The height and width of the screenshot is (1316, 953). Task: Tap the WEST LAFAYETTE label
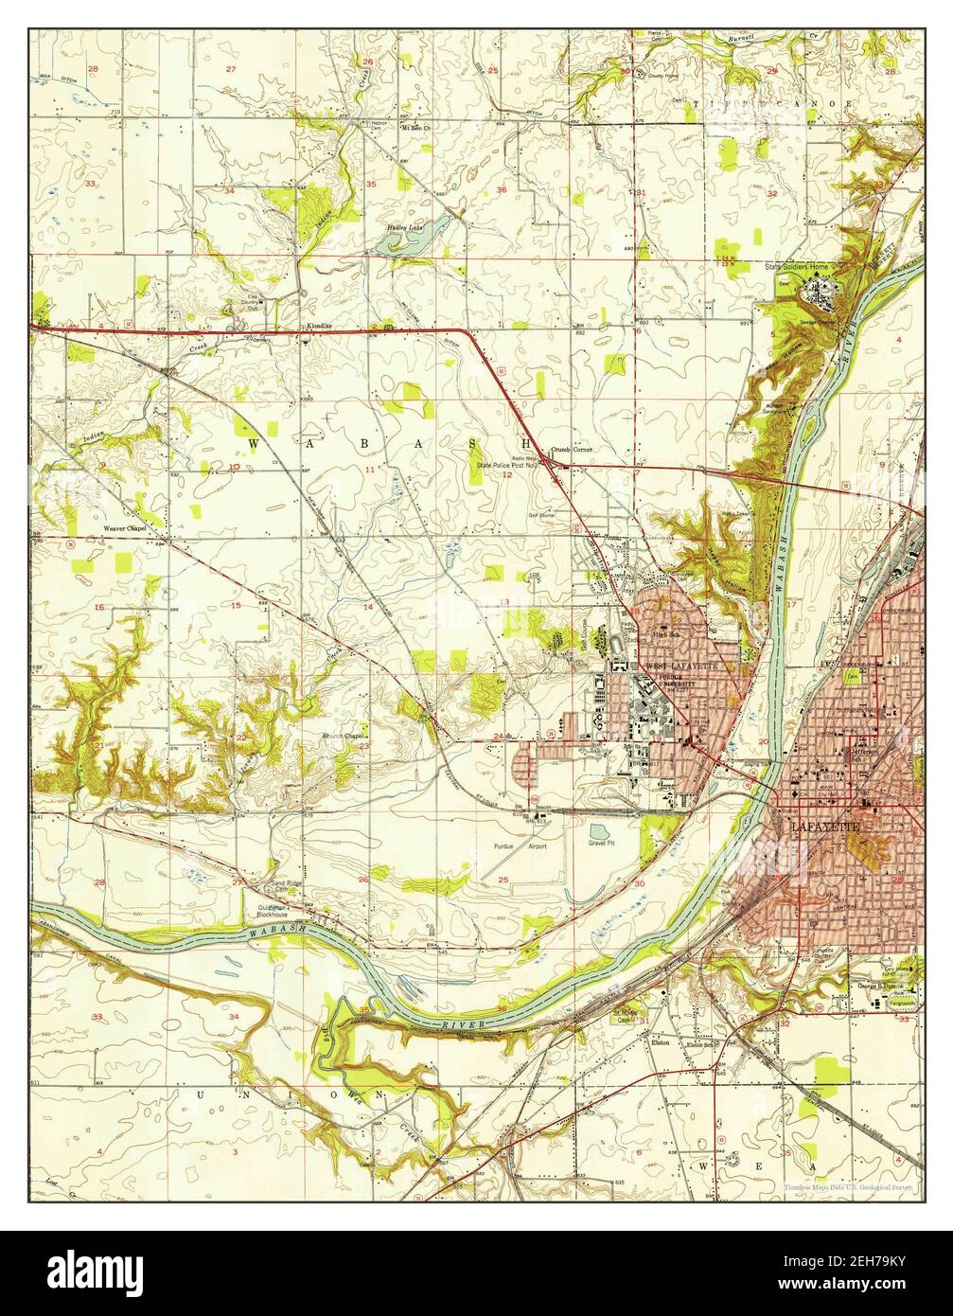(682, 667)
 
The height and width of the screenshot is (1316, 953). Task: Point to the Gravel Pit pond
(599, 831)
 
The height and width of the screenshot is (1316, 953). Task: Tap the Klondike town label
(318, 326)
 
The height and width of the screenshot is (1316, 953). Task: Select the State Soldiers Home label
(796, 268)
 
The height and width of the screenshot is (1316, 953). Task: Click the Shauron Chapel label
(344, 736)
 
